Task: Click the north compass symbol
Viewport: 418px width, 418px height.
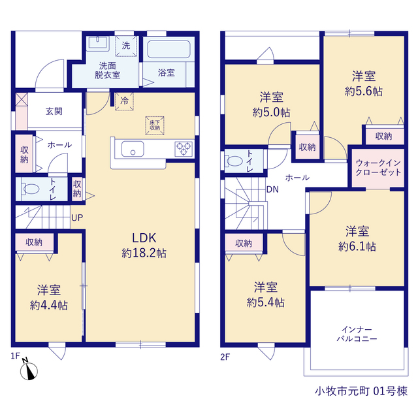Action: click(29, 370)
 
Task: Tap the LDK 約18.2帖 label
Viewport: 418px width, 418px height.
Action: click(144, 246)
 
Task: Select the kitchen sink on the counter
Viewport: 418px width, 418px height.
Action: click(133, 149)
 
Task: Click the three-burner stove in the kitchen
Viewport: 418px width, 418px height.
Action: click(184, 148)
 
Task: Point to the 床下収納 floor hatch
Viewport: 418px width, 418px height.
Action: click(155, 125)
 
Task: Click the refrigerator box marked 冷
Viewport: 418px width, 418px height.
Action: click(124, 101)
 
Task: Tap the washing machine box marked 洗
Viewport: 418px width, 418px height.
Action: click(126, 46)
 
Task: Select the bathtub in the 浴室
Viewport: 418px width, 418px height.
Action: click(169, 49)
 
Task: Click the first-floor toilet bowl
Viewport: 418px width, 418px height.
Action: click(30, 189)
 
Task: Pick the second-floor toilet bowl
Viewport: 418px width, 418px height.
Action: click(234, 161)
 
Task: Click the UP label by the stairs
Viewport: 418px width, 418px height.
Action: click(77, 217)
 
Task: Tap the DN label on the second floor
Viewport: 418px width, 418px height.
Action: click(272, 189)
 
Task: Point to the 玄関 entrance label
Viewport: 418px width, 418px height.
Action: click(54, 111)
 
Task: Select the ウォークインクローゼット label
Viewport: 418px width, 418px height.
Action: click(378, 167)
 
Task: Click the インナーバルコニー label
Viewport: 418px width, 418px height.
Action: click(357, 334)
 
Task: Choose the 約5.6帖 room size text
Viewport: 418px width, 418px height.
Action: click(364, 91)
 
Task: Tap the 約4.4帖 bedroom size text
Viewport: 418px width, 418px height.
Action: click(49, 306)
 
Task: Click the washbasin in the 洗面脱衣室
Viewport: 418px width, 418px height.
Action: click(97, 43)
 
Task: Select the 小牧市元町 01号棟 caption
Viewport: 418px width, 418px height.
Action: click(361, 391)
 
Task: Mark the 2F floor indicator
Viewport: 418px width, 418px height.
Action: click(225, 357)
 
